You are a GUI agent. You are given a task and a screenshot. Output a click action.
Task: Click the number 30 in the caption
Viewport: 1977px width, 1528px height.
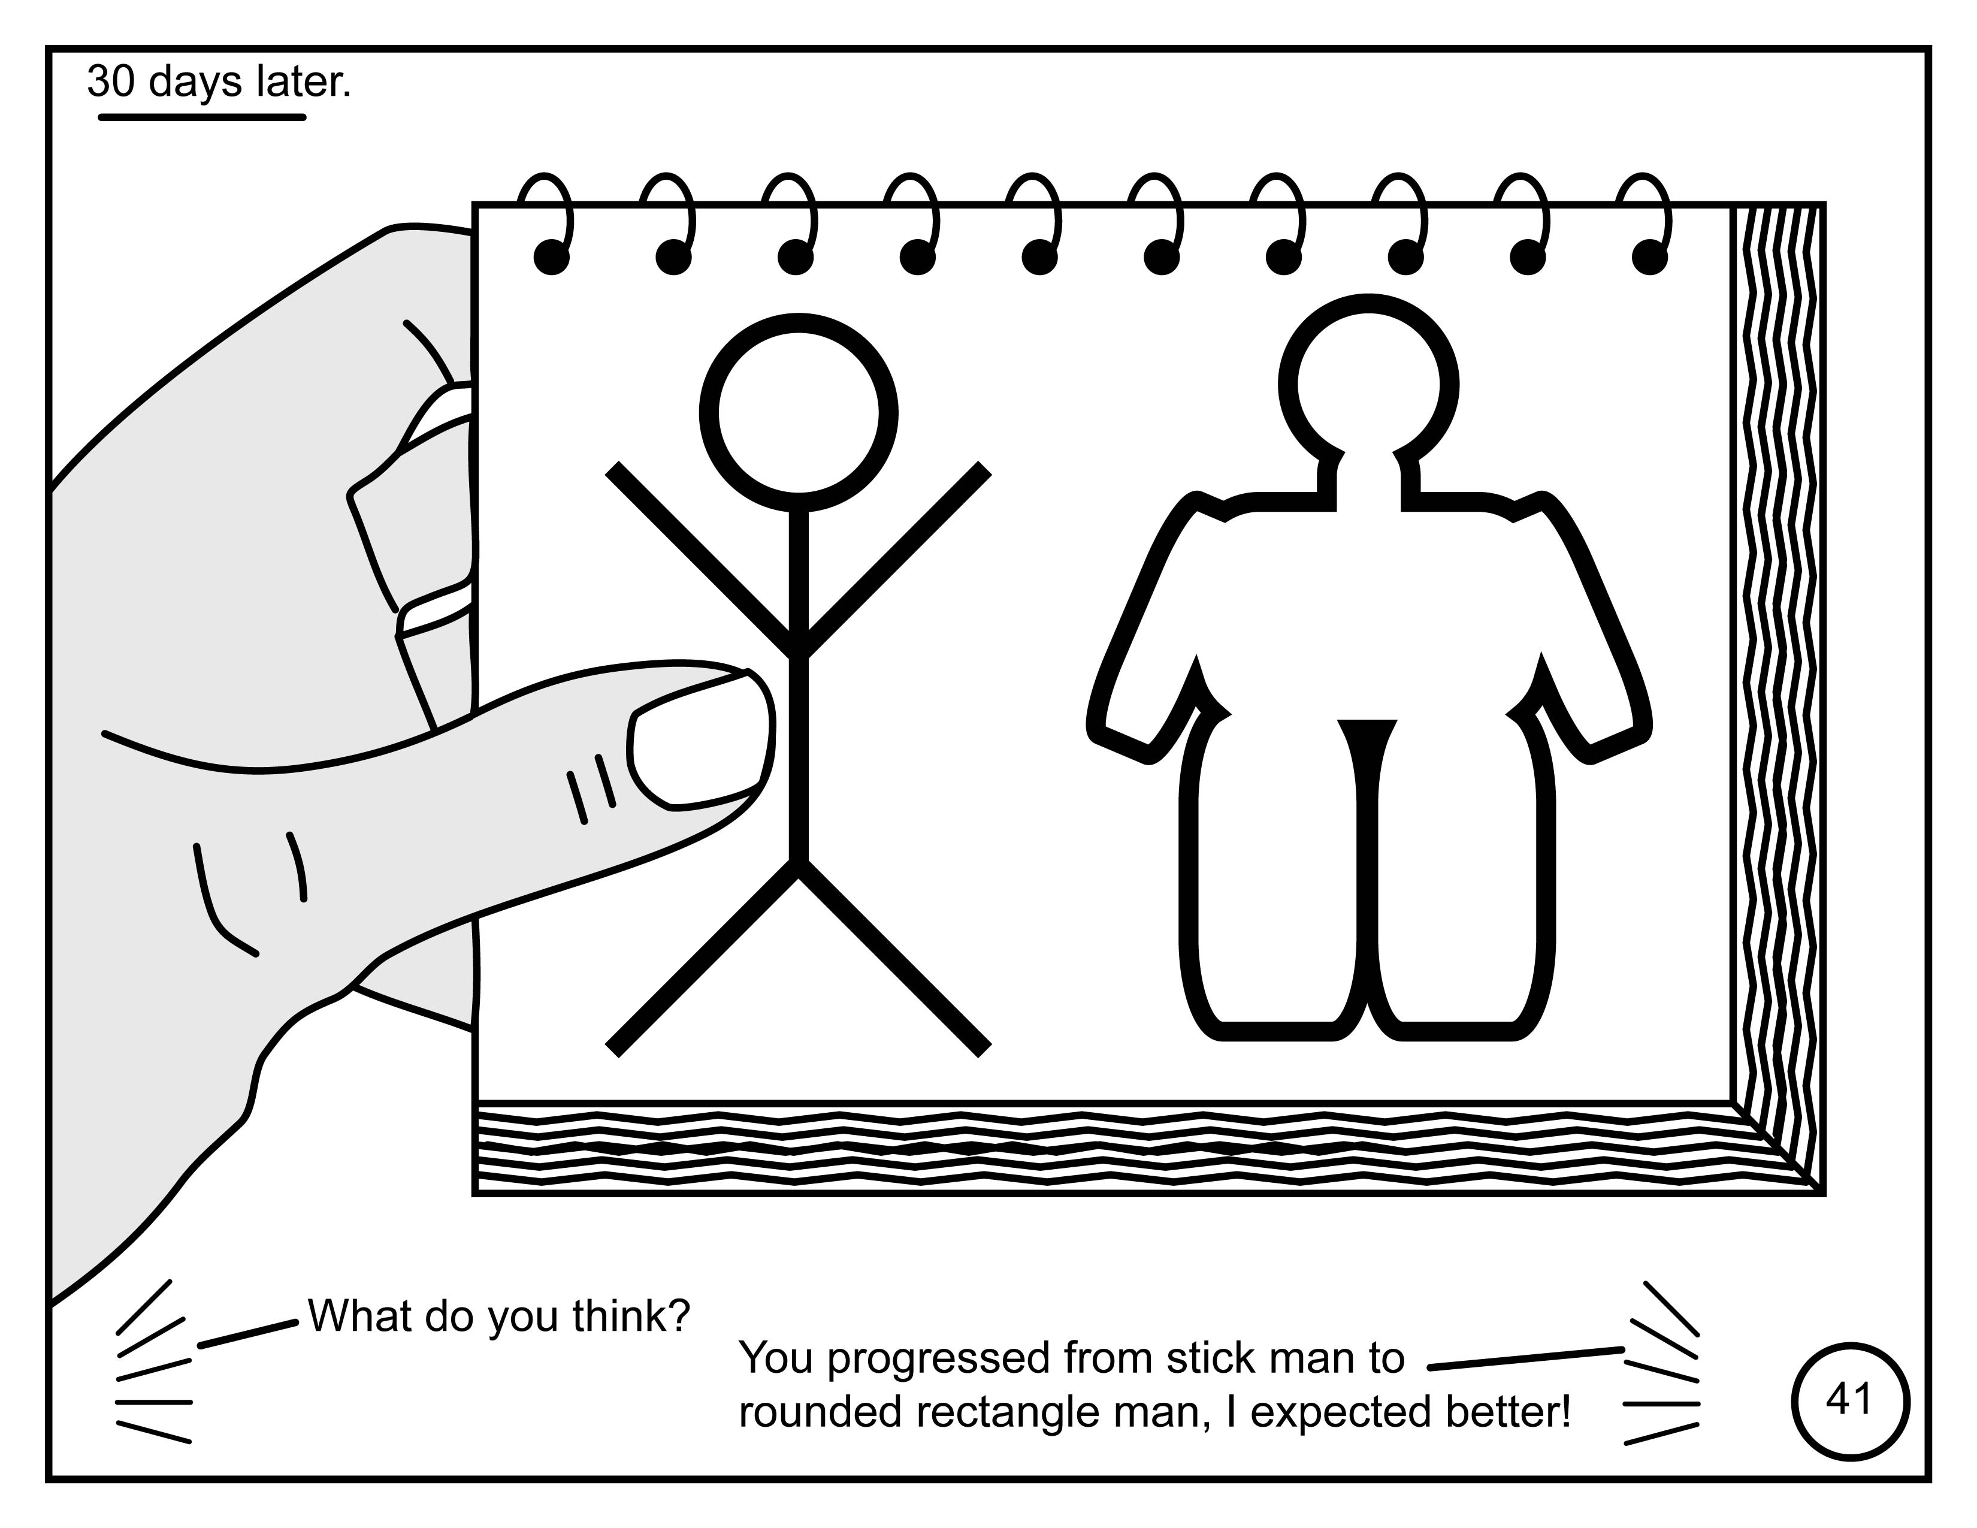112,81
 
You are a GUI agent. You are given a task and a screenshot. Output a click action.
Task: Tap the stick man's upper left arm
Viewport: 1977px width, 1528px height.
702,558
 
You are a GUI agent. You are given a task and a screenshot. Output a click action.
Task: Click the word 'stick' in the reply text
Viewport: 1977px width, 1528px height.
1201,1359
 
